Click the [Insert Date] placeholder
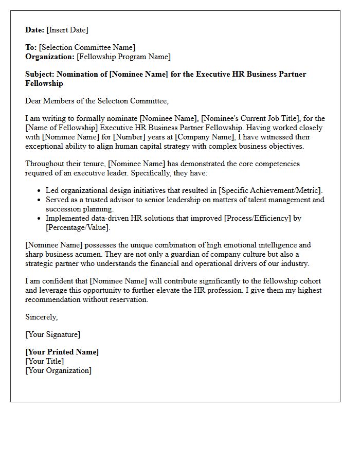click(67, 30)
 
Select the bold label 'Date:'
click(35, 30)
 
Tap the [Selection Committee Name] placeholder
click(87, 48)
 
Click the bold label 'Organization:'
click(50, 57)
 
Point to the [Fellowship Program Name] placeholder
click(123, 57)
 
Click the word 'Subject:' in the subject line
click(40, 74)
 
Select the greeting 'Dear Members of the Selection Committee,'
click(97, 101)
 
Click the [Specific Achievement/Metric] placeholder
click(270, 190)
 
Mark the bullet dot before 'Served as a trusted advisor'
click(39, 200)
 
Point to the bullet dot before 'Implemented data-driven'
click(39, 219)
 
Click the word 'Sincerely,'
click(42, 317)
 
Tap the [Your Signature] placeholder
click(53, 334)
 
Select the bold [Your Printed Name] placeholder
click(62, 352)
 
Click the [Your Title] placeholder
click(45, 361)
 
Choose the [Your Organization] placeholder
click(59, 370)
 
